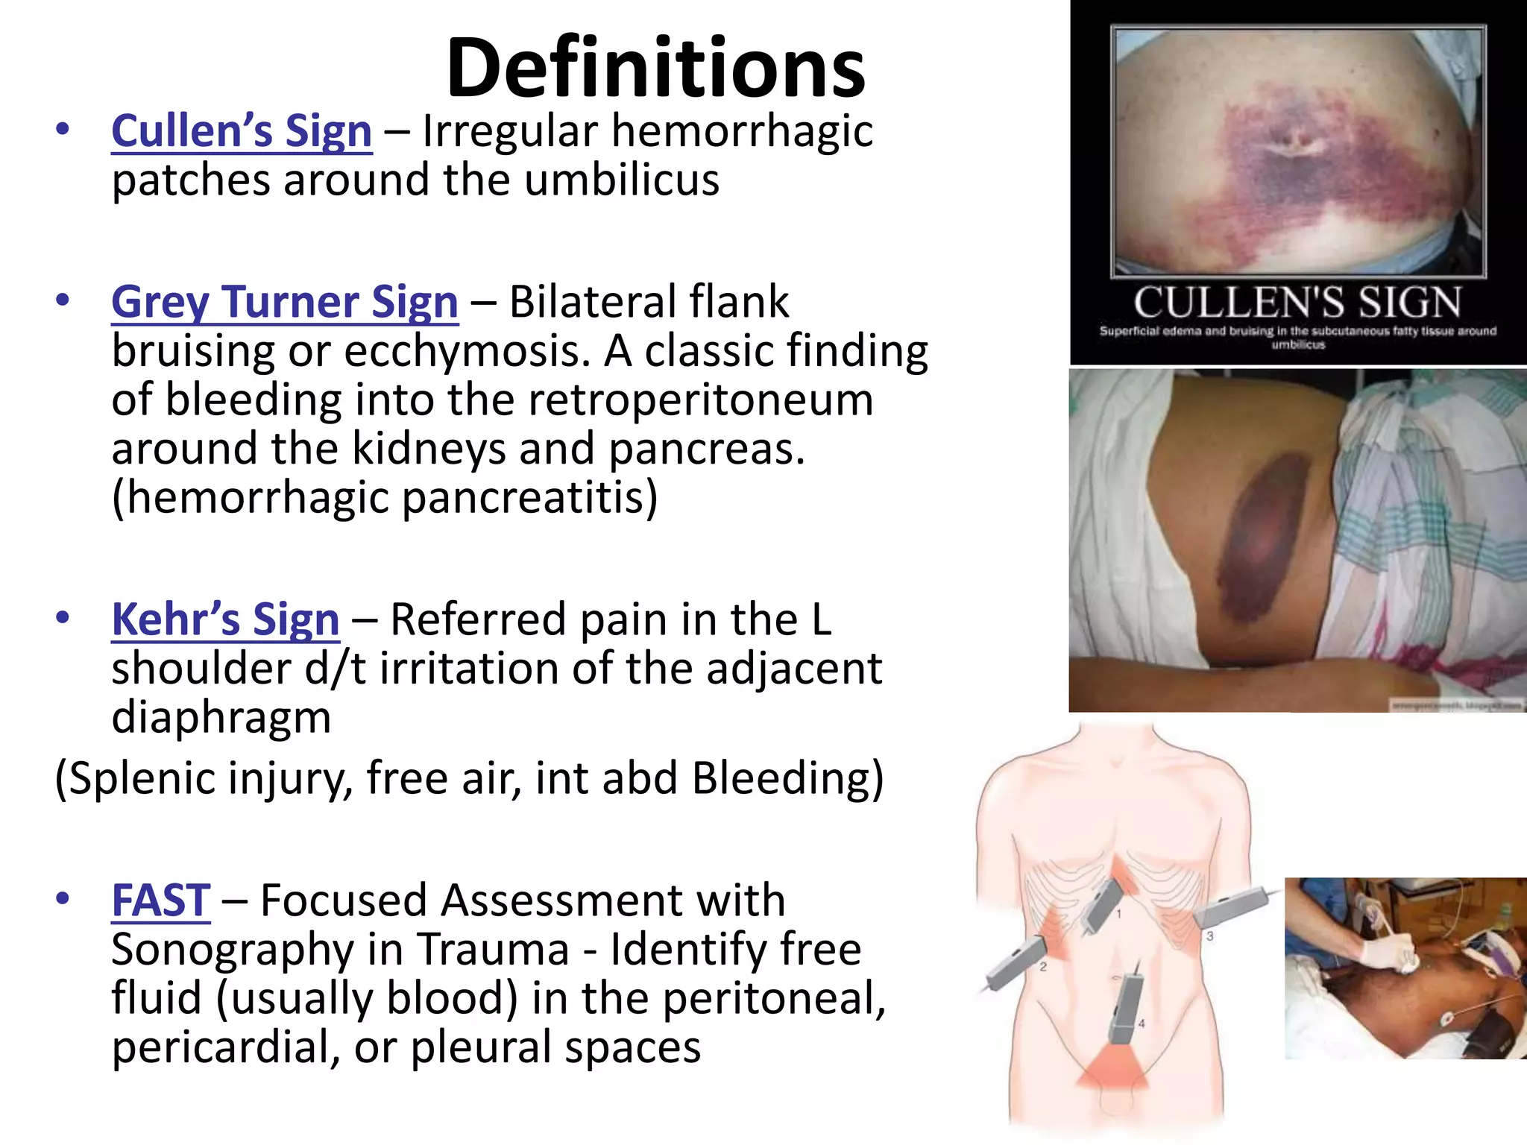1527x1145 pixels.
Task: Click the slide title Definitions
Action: pos(655,69)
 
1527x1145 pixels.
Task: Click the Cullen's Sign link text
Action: pos(242,132)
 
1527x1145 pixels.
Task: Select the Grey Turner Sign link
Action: pos(285,302)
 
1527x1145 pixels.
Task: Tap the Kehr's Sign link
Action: pos(225,619)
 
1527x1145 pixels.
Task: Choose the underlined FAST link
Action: pos(160,900)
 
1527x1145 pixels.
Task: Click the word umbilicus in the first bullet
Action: pos(622,180)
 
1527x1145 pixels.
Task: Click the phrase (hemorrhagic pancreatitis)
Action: pos(385,497)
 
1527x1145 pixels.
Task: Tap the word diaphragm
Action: pos(221,717)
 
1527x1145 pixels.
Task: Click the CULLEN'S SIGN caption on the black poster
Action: pos(1297,303)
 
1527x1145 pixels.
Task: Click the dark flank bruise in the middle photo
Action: pos(1268,533)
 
